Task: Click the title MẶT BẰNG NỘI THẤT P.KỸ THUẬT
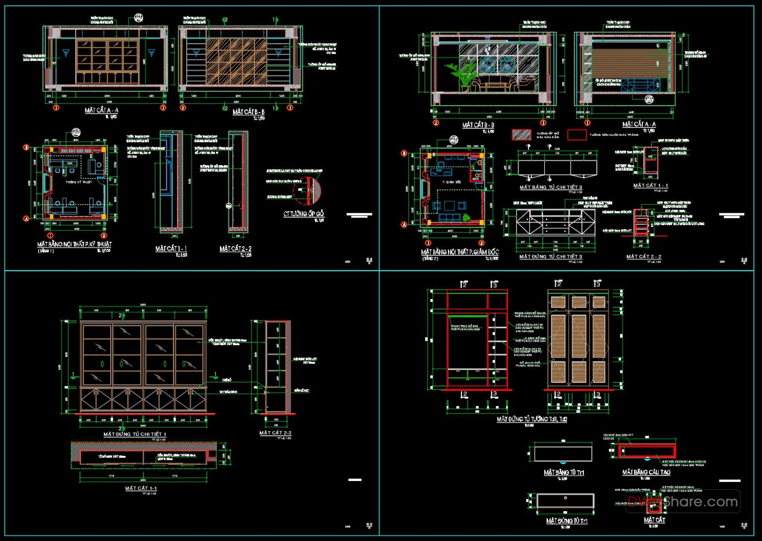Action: click(74, 244)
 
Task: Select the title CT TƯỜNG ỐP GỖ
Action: click(304, 214)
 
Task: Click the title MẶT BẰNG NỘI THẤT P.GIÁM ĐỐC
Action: click(460, 252)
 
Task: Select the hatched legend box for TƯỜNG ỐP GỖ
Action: click(522, 134)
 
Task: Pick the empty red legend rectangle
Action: click(576, 134)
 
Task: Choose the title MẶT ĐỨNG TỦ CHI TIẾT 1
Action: click(135, 434)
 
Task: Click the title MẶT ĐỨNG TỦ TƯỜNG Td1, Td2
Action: click(532, 420)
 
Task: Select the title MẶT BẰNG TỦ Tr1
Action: click(564, 473)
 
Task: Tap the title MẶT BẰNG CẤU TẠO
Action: click(646, 473)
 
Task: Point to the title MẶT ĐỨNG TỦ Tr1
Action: click(567, 521)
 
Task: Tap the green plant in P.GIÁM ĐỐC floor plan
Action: click(466, 217)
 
